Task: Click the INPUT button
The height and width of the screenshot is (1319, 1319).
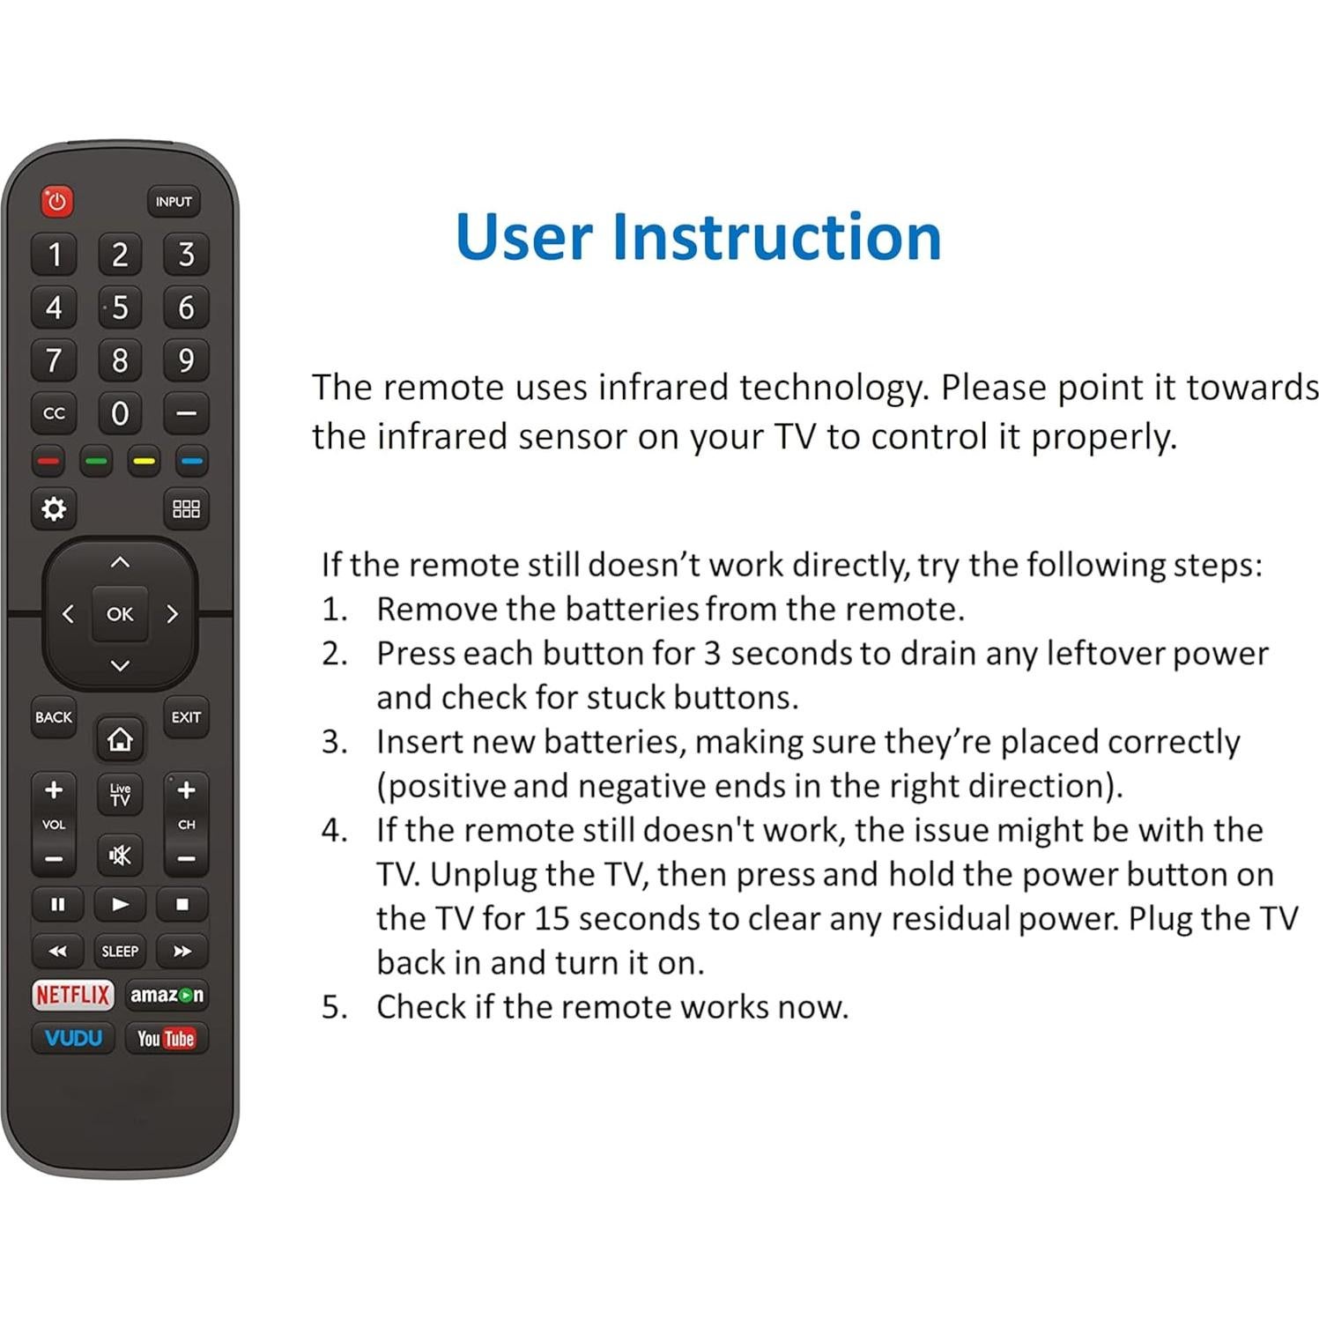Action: coord(173,202)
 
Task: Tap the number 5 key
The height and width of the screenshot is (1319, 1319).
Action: coord(120,308)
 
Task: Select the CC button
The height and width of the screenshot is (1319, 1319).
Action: coord(54,413)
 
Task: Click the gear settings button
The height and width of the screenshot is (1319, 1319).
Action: coord(54,509)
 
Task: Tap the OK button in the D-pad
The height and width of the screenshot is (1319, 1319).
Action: coord(120,614)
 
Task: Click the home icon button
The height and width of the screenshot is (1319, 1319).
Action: coord(120,739)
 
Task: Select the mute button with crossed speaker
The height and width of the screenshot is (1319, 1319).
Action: coord(120,855)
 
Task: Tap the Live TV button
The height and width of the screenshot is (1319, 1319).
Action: coord(120,795)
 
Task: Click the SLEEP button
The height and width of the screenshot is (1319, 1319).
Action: coord(120,952)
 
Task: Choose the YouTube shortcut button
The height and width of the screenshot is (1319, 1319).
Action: coord(166,1039)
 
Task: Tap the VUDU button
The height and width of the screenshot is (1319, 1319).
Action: coord(73,1039)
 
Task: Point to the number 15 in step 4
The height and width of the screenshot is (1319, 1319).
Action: coord(551,919)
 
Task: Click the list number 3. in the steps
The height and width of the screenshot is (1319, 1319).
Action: coord(335,742)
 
